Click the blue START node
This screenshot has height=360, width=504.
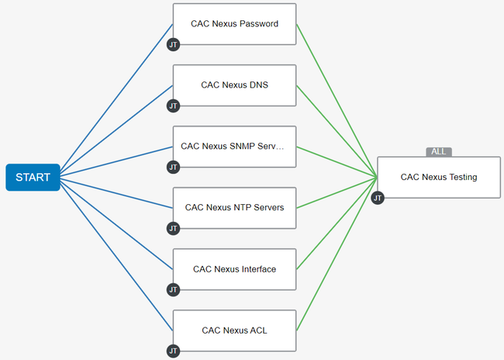(x=33, y=177)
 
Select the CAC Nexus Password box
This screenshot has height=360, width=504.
(x=235, y=24)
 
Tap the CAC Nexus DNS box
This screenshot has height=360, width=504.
(x=235, y=85)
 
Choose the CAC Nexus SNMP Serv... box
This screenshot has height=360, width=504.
(x=235, y=147)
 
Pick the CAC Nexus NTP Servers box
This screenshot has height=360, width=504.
(x=235, y=208)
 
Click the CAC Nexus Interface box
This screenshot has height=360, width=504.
(x=235, y=269)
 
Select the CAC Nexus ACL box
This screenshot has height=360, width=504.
(x=235, y=331)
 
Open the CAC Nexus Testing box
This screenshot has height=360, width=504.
(x=439, y=177)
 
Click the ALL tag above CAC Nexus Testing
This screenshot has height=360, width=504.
(x=439, y=152)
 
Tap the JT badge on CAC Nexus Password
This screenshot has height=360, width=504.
(x=173, y=45)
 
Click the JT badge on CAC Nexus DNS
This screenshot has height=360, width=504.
(x=173, y=106)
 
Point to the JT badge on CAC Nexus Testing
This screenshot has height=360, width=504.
(x=378, y=198)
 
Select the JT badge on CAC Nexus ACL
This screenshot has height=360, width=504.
(x=173, y=351)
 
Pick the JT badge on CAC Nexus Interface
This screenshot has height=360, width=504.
(x=173, y=290)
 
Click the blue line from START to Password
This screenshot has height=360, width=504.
(x=116, y=97)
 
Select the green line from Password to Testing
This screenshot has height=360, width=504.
(x=337, y=100)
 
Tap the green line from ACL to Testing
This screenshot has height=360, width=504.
(x=337, y=254)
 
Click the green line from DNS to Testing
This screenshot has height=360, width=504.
(x=337, y=131)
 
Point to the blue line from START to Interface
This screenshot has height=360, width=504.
(x=116, y=226)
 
